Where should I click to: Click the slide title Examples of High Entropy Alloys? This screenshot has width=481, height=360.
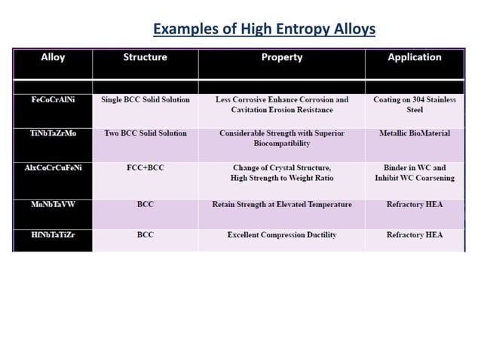(x=264, y=29)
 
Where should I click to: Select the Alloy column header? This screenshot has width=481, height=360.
(x=53, y=57)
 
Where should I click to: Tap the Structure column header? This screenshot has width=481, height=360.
(x=146, y=57)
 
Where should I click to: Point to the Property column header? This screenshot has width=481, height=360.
(x=282, y=57)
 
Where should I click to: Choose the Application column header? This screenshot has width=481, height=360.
(x=415, y=57)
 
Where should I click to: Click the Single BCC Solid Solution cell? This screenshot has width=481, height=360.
(x=146, y=99)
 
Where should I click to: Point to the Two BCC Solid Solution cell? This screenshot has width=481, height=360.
(x=146, y=133)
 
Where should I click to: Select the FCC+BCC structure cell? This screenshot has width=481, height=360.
(x=146, y=167)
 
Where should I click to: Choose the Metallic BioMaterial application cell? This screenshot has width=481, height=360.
(x=415, y=133)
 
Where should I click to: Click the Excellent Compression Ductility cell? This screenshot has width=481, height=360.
(x=282, y=235)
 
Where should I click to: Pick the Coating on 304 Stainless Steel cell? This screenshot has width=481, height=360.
(x=415, y=105)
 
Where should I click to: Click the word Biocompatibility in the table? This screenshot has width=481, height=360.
(x=282, y=144)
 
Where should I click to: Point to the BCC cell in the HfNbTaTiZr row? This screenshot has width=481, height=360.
(x=146, y=235)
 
